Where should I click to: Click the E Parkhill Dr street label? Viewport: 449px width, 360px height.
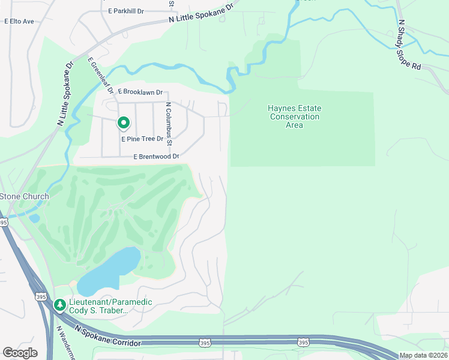click(x=127, y=11)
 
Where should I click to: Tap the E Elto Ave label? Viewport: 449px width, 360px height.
click(x=20, y=21)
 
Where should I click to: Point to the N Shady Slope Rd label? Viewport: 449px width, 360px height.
click(x=410, y=45)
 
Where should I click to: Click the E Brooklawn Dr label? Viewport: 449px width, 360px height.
click(x=140, y=92)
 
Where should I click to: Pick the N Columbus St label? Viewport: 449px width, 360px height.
click(x=169, y=124)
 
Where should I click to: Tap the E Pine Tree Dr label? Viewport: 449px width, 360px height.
click(x=143, y=139)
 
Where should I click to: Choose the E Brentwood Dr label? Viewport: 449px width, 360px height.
click(x=157, y=157)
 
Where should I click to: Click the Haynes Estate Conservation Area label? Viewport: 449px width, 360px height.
click(x=294, y=116)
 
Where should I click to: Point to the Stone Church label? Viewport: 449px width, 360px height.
click(x=24, y=196)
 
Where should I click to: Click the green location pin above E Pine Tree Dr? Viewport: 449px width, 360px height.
click(x=123, y=123)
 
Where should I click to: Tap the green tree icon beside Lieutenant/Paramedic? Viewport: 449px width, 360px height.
click(x=59, y=305)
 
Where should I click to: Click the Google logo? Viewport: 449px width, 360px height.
click(x=20, y=353)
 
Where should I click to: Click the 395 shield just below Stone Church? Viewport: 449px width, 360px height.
click(x=4, y=222)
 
